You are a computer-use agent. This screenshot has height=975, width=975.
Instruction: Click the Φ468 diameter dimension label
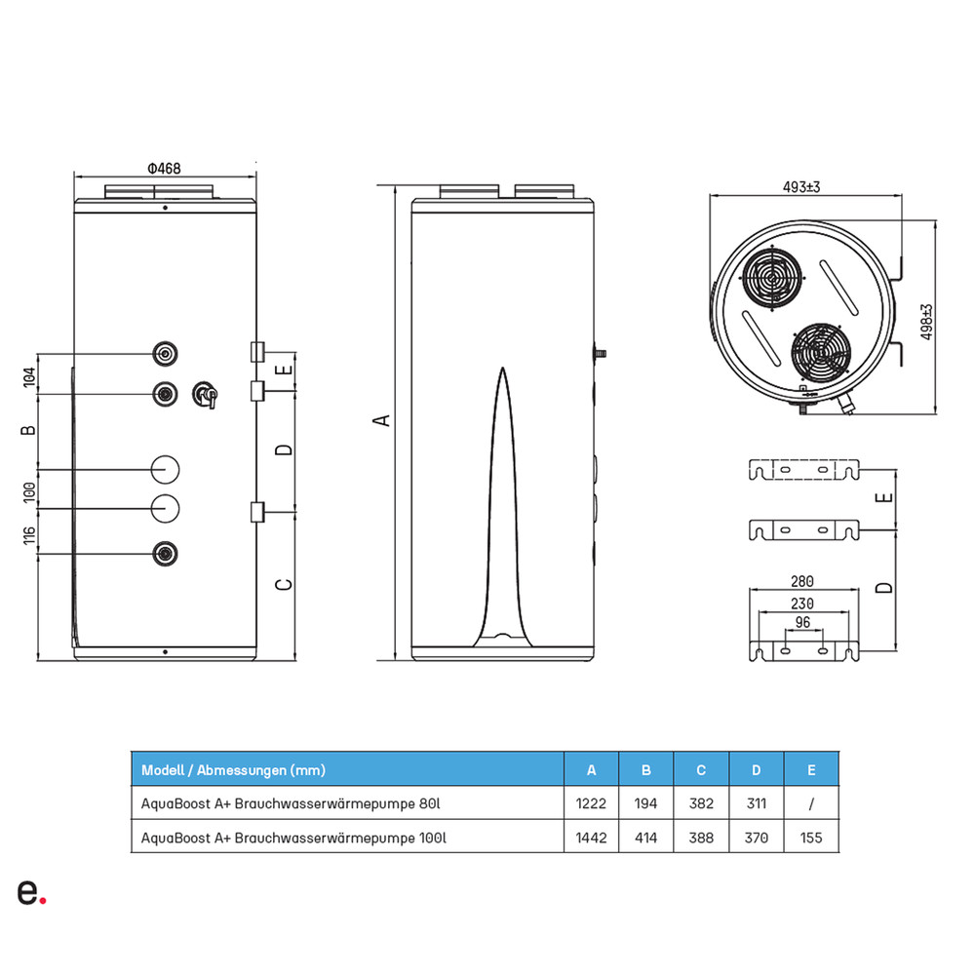tap(165, 169)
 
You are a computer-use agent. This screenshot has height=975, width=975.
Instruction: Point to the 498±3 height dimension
tap(927, 321)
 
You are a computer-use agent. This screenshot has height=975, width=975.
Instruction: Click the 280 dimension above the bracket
tap(803, 581)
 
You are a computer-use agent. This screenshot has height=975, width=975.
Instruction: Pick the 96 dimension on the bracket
tap(803, 622)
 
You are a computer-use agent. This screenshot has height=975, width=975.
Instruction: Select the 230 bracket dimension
tap(803, 603)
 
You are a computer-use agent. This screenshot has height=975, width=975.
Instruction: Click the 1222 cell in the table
tap(591, 803)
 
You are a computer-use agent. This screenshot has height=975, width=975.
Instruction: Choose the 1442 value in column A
tap(591, 837)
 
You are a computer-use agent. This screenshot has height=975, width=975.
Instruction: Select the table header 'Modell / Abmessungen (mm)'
tap(234, 770)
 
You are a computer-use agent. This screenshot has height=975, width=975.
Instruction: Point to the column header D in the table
tap(756, 770)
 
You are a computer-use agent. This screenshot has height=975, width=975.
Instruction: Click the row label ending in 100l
tap(294, 837)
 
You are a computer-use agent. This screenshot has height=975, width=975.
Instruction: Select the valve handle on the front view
tap(206, 394)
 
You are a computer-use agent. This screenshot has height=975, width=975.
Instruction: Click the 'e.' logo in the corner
tap(30, 891)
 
